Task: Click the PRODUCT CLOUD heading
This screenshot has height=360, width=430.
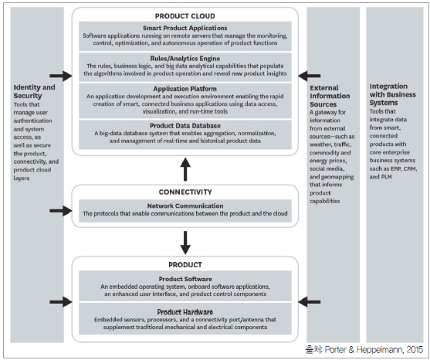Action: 185,16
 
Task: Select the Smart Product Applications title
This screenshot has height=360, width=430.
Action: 185,28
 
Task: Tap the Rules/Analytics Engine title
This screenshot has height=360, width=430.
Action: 185,59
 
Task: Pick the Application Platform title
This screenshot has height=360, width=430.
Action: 185,89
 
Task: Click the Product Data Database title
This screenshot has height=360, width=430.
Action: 185,126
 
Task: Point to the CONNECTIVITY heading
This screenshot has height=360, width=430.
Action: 185,192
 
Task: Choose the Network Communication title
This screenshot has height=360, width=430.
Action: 185,205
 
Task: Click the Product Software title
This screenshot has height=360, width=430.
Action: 185,279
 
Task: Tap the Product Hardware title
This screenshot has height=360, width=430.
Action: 185,312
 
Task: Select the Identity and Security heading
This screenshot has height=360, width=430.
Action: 34,91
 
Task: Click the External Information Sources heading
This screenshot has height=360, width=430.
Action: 330,96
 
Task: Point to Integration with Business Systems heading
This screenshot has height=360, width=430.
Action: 393,94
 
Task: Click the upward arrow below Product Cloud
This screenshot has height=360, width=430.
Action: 185,169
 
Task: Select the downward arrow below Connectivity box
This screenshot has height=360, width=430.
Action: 185,243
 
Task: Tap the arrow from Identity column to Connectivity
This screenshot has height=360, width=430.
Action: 61,211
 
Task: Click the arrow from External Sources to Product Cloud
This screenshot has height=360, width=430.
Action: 309,76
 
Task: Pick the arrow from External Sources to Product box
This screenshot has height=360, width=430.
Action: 309,302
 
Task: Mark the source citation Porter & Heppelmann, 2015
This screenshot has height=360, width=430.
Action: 374,350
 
